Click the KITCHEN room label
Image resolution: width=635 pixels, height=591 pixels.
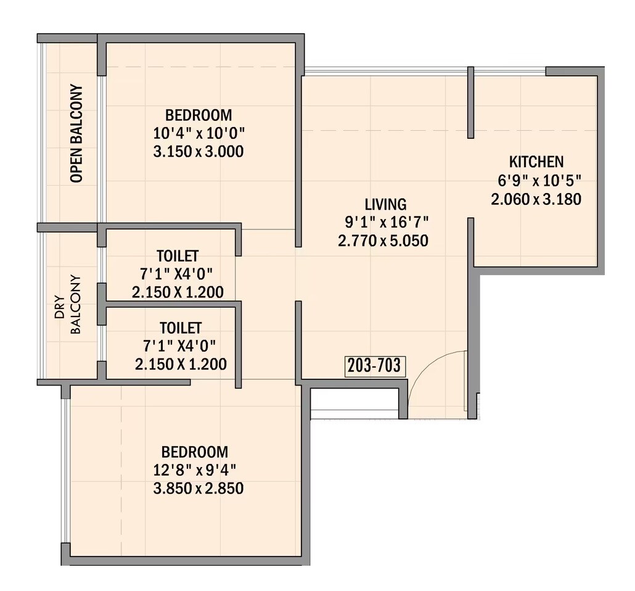[x=536, y=162]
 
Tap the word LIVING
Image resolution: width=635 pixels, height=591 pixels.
[x=385, y=204]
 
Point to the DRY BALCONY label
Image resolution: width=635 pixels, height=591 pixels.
[x=68, y=304]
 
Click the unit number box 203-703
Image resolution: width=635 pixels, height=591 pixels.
[x=374, y=366]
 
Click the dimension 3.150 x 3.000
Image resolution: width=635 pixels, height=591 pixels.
[x=199, y=151]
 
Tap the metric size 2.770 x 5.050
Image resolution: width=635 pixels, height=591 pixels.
[x=383, y=241]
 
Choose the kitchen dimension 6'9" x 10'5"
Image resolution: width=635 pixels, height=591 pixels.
[x=536, y=181]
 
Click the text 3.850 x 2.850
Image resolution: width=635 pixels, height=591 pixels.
[x=199, y=489]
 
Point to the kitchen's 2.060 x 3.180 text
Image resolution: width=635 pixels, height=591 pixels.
[x=536, y=199]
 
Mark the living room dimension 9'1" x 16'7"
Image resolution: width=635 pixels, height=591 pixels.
[x=387, y=222]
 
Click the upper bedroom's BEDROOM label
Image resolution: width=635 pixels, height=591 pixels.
[x=199, y=115]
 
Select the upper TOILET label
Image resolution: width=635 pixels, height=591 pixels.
[x=178, y=255]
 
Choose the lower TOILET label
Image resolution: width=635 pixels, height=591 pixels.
[x=180, y=328]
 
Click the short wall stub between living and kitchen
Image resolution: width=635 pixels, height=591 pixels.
[x=470, y=102]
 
